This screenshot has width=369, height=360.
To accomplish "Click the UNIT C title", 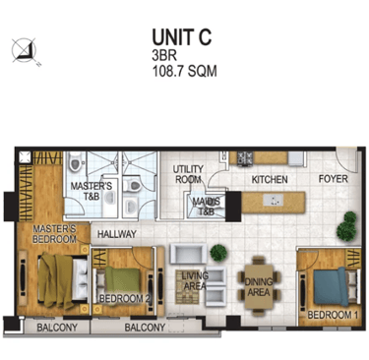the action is [x=182, y=36].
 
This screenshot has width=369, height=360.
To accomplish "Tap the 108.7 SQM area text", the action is [x=185, y=71].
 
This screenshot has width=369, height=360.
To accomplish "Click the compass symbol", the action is [x=25, y=50].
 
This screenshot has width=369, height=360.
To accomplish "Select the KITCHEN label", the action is [x=270, y=180].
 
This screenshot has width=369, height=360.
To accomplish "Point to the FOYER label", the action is [x=334, y=179].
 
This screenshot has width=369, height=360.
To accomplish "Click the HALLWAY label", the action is [x=117, y=234].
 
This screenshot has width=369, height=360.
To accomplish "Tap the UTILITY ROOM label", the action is [x=188, y=174].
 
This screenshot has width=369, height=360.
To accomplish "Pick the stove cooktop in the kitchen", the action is [x=245, y=157].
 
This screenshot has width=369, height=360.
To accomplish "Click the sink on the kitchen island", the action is [x=273, y=200].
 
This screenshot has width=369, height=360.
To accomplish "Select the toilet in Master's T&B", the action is [x=75, y=161].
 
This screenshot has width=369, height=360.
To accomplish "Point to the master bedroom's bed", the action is [x=63, y=281].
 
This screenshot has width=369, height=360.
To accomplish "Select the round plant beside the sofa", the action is [x=218, y=253].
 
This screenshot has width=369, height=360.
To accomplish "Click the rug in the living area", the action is [x=188, y=286].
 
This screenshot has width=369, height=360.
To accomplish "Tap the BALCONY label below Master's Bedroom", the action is [x=57, y=328].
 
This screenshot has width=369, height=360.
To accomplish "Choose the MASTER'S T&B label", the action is [x=92, y=191].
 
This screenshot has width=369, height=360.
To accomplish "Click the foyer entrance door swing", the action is [x=346, y=159].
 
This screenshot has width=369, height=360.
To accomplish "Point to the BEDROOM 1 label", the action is [x=333, y=315].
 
